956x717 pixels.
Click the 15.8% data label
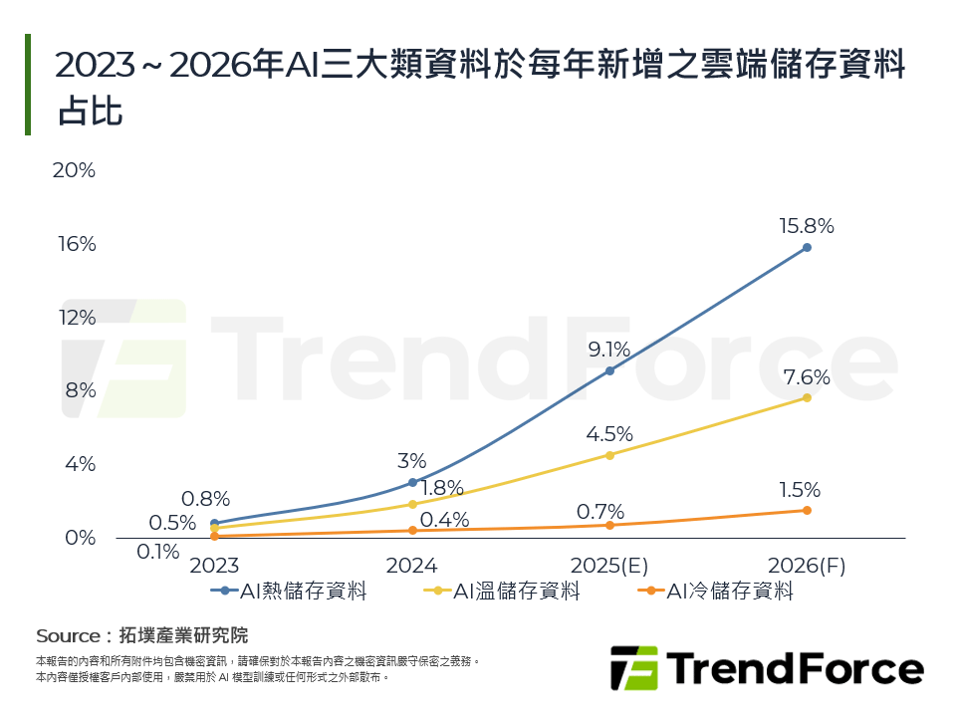coord(807,226)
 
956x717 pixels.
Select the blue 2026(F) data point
coord(807,247)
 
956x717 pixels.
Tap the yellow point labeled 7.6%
coord(807,397)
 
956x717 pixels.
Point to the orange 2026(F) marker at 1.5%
coord(807,510)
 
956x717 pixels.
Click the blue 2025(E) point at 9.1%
coord(609,370)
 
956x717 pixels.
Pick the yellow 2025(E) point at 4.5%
coord(609,455)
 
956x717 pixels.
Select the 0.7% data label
coord(600,512)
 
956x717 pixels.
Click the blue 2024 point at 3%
coord(412,482)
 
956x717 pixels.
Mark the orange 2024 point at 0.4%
coord(412,530)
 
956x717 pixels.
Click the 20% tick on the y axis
coord(74,170)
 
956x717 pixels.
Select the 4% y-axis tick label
coord(78,464)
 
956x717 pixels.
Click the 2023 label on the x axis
coord(214,566)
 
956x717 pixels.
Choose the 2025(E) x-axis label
coord(609,566)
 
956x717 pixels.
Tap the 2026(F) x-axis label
coord(807,566)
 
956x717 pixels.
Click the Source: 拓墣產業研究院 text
coord(141,635)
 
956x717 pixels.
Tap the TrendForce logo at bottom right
coord(766,667)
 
